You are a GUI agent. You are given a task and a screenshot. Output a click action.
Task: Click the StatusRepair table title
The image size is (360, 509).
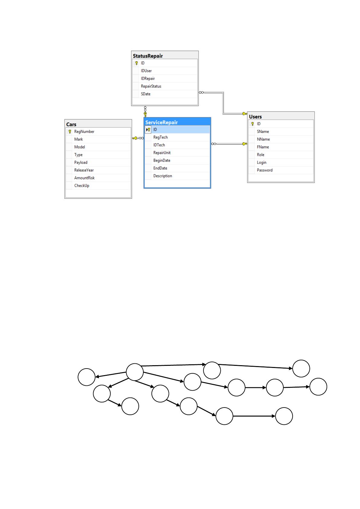148,56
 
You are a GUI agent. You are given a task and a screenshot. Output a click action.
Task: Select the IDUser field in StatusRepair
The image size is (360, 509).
146,71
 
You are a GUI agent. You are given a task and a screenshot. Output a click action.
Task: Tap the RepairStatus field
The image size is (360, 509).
151,86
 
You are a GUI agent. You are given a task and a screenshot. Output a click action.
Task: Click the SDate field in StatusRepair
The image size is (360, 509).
146,94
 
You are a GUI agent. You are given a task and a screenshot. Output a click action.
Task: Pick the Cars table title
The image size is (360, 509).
71,124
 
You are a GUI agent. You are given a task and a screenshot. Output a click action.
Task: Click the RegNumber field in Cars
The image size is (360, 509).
84,132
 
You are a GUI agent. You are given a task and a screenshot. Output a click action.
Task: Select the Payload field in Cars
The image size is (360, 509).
81,163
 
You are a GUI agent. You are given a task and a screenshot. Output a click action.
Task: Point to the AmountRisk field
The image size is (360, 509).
84,178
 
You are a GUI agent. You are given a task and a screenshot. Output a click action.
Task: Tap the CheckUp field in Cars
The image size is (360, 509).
82,186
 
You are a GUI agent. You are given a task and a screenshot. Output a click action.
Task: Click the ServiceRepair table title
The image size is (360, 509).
161,122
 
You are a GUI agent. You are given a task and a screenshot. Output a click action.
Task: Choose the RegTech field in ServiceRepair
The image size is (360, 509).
160,137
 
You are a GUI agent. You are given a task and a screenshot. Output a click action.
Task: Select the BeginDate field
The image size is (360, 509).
162,160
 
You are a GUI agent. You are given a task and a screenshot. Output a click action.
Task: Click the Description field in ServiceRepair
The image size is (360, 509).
163,176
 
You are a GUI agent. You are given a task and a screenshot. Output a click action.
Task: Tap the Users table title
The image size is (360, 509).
255,117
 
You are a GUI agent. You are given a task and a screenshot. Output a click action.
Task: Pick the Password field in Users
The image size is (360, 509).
264,170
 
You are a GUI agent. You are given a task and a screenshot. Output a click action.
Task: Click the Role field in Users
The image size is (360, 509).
260,155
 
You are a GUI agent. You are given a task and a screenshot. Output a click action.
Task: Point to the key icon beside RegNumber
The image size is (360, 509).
70,132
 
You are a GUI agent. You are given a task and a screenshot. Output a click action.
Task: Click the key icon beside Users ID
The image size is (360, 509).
252,124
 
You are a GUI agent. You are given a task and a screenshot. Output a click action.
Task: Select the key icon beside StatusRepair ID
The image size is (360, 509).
136,63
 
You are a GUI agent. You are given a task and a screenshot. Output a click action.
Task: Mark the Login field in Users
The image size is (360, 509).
261,163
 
